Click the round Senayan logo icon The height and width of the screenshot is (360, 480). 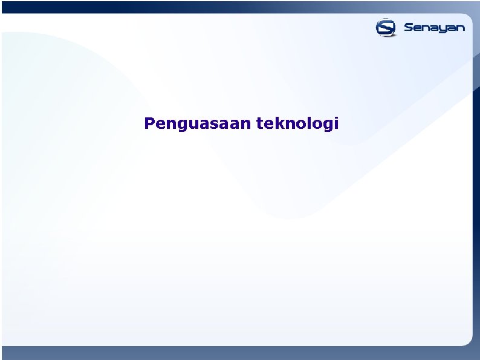(385, 28)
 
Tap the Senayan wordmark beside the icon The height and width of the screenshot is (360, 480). (434, 28)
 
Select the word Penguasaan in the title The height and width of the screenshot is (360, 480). (197, 124)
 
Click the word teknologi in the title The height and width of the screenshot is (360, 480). (297, 124)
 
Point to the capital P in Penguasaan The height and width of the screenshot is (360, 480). (149, 123)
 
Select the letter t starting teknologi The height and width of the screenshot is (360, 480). (260, 124)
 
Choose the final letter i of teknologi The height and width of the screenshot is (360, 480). (336, 124)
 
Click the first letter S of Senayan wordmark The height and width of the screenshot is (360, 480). (409, 28)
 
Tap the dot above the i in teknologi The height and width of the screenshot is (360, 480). (336, 119)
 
